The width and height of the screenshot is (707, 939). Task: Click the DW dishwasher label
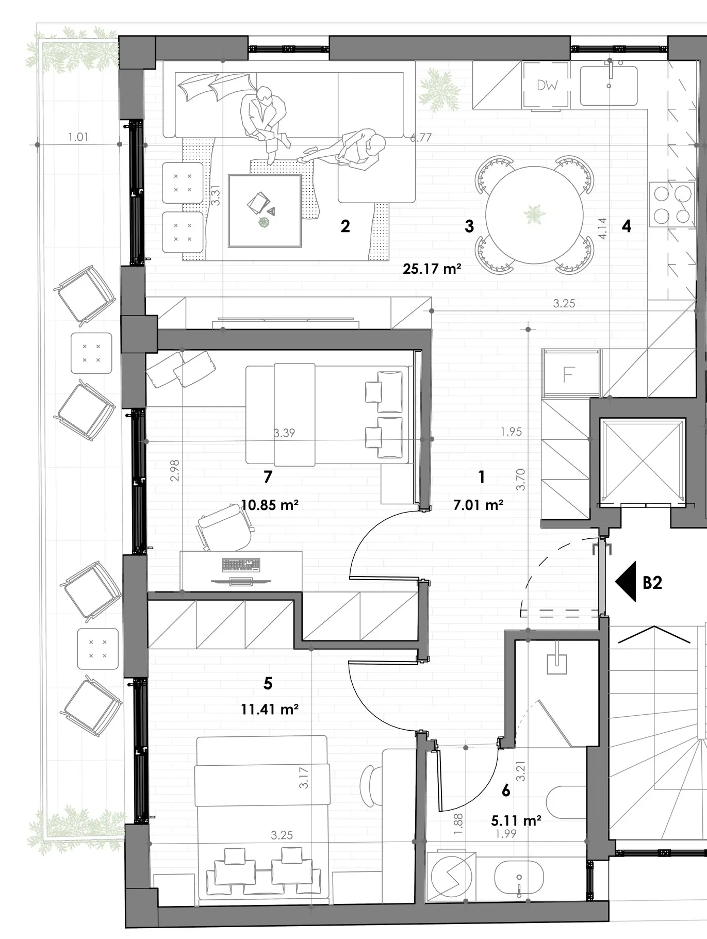(547, 85)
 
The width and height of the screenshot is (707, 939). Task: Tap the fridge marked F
(570, 374)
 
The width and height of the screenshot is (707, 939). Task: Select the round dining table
(534, 215)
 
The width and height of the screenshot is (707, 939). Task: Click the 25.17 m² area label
(432, 269)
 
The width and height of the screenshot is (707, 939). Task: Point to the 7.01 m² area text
(479, 505)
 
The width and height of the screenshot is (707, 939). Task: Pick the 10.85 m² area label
(270, 505)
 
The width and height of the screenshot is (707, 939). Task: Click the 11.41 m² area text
(270, 710)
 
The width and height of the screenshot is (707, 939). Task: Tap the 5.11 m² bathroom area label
(516, 820)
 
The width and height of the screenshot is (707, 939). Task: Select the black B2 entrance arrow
(626, 581)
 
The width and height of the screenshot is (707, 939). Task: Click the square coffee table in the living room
(265, 211)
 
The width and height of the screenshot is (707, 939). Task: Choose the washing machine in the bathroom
(451, 877)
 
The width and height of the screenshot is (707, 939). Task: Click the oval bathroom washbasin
(519, 878)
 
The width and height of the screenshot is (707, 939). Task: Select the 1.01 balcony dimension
(78, 137)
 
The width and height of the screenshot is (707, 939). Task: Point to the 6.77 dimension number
(421, 138)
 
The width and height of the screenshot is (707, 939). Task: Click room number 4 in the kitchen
(627, 226)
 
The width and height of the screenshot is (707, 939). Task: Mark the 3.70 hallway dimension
(520, 480)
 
